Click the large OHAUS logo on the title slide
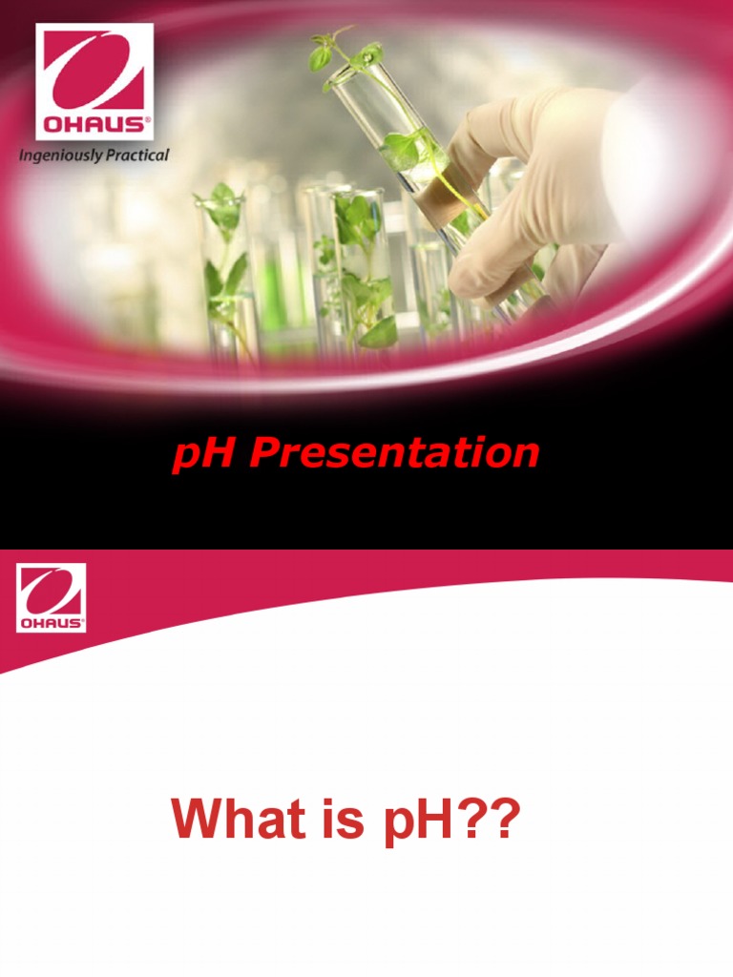click(x=94, y=81)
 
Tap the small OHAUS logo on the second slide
click(x=51, y=597)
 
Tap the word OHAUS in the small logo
click(x=51, y=623)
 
